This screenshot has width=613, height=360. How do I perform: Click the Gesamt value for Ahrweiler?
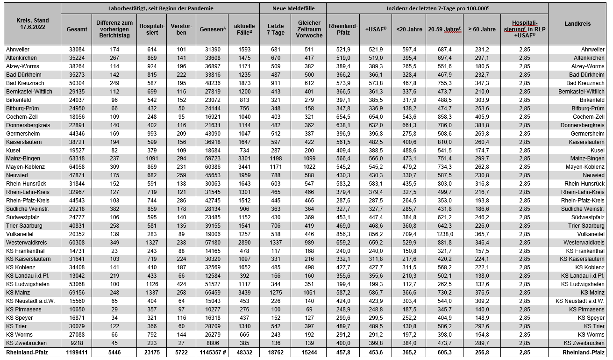point(78,50)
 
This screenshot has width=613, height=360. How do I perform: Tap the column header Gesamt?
point(77,29)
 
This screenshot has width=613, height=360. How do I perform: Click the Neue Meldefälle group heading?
point(293,8)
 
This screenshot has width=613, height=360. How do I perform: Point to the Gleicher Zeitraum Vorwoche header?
point(309,29)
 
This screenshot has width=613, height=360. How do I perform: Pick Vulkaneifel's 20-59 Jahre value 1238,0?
point(443,234)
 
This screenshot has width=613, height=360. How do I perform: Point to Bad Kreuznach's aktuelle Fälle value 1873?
point(243,83)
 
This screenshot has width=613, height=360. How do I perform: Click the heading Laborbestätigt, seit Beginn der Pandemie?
point(160,8)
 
